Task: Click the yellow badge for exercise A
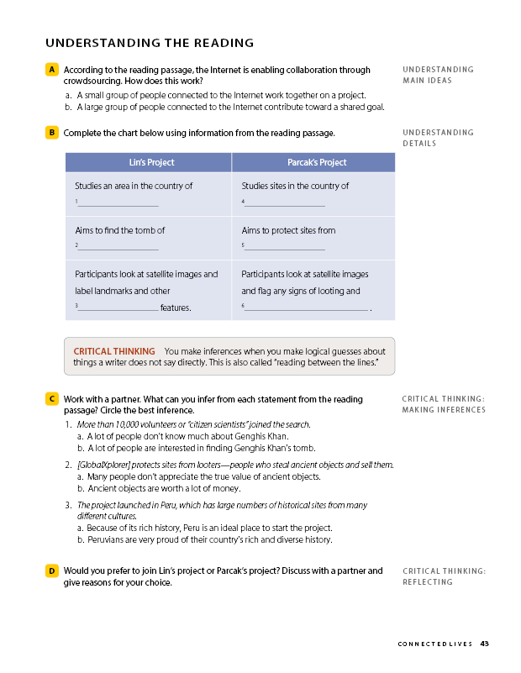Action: click(x=52, y=70)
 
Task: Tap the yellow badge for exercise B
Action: click(x=52, y=133)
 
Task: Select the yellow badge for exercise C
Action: click(x=52, y=399)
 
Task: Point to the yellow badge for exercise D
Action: click(x=52, y=571)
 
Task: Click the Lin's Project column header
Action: click(x=148, y=162)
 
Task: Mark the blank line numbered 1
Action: click(x=118, y=204)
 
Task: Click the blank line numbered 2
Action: click(x=118, y=248)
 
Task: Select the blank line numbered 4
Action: click(x=284, y=204)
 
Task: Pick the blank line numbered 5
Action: click(x=284, y=248)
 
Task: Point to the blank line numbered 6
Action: click(x=307, y=309)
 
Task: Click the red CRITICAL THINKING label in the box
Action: click(x=114, y=351)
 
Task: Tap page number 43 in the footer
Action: click(x=485, y=644)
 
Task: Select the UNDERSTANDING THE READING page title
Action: click(x=150, y=44)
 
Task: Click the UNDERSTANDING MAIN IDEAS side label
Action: click(x=438, y=75)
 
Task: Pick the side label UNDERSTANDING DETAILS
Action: click(x=438, y=138)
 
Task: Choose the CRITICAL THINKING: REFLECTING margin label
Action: click(x=444, y=576)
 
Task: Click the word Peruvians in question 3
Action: click(x=108, y=539)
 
